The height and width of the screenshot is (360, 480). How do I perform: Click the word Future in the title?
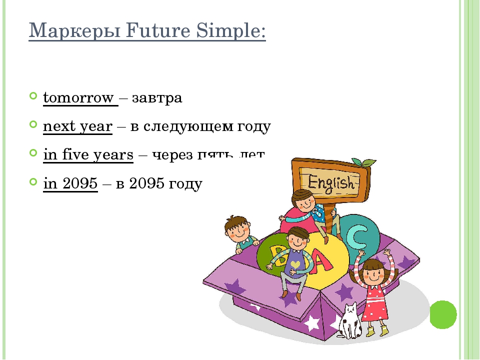pos(152,32)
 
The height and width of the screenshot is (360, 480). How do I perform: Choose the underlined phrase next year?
pos(77,127)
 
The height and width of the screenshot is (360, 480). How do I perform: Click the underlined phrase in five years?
pos(88,155)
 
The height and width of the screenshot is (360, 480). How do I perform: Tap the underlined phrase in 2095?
pos(70,184)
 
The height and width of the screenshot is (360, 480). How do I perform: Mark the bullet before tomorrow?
pos(33,94)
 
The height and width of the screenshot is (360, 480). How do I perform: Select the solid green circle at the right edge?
pos(444,314)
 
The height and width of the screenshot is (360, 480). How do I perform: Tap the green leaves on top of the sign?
pos(364,162)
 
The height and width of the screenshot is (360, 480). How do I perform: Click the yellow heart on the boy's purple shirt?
pos(295,263)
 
